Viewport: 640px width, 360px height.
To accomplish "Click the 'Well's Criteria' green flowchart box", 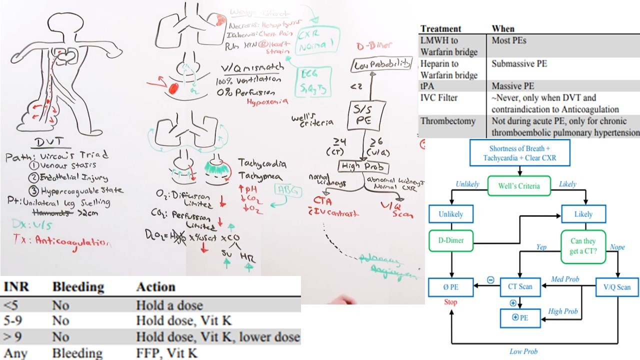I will coord(518,186).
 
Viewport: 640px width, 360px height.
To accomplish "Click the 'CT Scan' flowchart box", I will coord(520,287).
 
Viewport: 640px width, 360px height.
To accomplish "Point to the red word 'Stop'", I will coord(450,302).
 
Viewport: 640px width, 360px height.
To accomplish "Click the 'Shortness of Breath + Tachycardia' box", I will coord(519,152).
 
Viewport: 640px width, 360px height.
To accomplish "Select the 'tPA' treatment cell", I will coord(429,86).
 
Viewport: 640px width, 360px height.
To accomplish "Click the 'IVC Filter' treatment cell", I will coord(438,98).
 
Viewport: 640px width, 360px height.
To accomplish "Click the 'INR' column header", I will coord(16,287).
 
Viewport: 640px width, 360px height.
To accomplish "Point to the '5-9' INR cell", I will coord(13,320).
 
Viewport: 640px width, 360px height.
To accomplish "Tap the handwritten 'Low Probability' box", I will coord(382,64).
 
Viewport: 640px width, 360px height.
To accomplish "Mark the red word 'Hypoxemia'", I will coord(267,101).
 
